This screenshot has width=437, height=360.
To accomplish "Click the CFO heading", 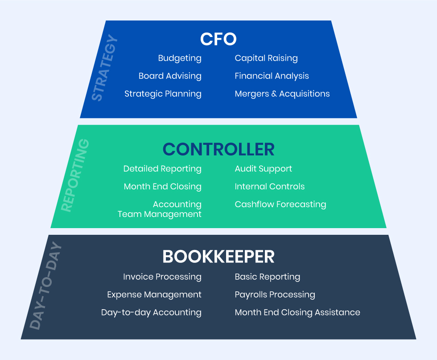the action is (x=218, y=39).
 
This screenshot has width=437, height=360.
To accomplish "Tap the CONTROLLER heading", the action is (x=218, y=149).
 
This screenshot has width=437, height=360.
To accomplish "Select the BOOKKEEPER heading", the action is (x=218, y=257).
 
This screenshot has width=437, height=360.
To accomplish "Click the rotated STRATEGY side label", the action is (x=104, y=68).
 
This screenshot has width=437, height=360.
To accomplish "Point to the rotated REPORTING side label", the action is (x=75, y=175).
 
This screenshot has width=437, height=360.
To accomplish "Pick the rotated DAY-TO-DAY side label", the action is (x=45, y=286).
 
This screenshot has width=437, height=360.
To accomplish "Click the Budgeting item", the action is (x=180, y=58).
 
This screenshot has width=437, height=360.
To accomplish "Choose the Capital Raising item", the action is (x=266, y=58).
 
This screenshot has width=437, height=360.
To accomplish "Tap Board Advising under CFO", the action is (x=170, y=76).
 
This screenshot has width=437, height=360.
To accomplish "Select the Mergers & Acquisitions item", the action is (x=282, y=94).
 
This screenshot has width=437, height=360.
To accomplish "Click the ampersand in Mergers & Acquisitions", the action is (x=274, y=94).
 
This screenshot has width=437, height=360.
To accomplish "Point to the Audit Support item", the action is (x=264, y=169).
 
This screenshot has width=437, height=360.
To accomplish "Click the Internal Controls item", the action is (x=270, y=187).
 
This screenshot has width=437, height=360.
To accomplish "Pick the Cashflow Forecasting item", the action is (x=280, y=205).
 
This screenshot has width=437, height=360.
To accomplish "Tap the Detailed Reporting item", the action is (x=162, y=169).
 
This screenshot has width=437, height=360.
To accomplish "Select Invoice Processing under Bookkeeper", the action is (x=162, y=277).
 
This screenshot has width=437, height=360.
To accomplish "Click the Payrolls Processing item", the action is (x=275, y=295).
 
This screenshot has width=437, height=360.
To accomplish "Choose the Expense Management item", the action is (x=154, y=295).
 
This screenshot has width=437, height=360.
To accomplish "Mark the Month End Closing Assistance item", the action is (x=297, y=313).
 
